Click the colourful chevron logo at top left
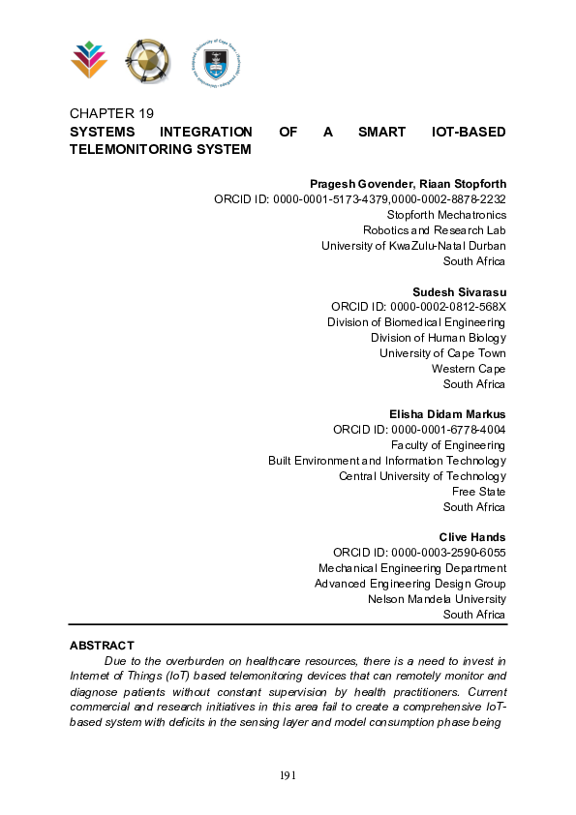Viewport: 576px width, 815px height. (89, 60)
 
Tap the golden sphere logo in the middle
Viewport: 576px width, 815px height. (147, 61)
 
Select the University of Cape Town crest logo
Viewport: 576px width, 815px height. (214, 61)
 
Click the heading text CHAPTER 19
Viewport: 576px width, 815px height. (112, 113)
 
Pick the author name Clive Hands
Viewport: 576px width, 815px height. (472, 537)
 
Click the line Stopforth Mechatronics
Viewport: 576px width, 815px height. (446, 215)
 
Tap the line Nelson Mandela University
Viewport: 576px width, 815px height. (437, 599)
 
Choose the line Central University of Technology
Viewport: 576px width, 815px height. (422, 476)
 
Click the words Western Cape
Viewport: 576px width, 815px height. (469, 369)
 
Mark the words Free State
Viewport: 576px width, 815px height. (478, 492)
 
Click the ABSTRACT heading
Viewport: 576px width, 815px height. (102, 645)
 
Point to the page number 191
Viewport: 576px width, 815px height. (288, 775)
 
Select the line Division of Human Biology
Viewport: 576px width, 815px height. (438, 338)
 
